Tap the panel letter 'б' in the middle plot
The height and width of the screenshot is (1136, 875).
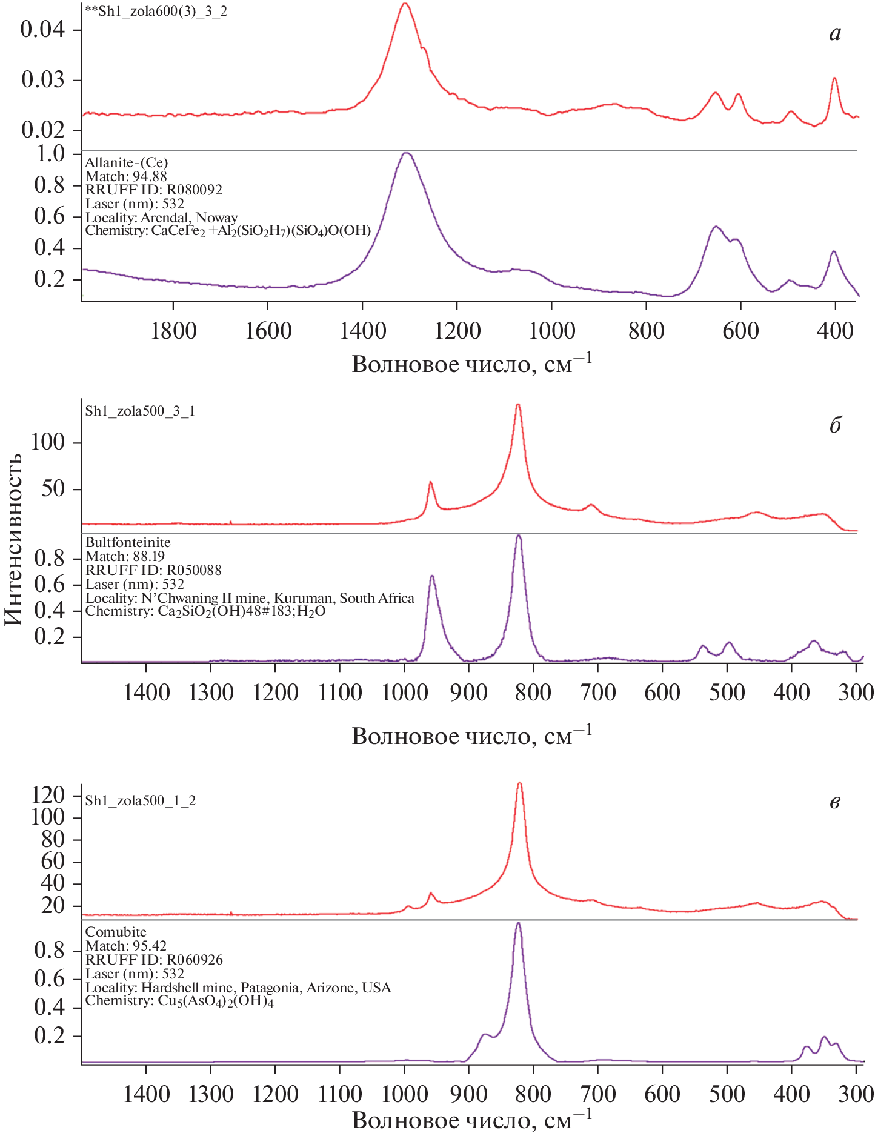(x=835, y=425)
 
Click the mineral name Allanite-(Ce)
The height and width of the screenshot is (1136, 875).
(x=127, y=162)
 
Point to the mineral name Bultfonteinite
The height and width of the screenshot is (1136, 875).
(x=128, y=542)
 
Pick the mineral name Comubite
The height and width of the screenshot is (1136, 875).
(x=116, y=932)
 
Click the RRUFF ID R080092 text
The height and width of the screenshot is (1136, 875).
(x=154, y=190)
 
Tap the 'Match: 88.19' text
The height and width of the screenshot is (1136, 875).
(x=125, y=556)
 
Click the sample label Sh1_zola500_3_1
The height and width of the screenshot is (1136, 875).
(x=140, y=411)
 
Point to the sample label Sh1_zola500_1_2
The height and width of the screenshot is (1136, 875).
(x=140, y=800)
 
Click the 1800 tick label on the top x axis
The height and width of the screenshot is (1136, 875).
(x=173, y=331)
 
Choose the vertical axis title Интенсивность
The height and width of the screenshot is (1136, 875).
(x=13, y=539)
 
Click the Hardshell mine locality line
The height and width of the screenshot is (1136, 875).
(x=238, y=988)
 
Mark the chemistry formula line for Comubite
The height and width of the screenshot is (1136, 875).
(x=179, y=1001)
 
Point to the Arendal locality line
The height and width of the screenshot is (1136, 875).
(x=161, y=218)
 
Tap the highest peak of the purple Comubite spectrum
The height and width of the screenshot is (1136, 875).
(x=518, y=923)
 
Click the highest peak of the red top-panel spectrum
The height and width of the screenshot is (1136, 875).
(x=405, y=4)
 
